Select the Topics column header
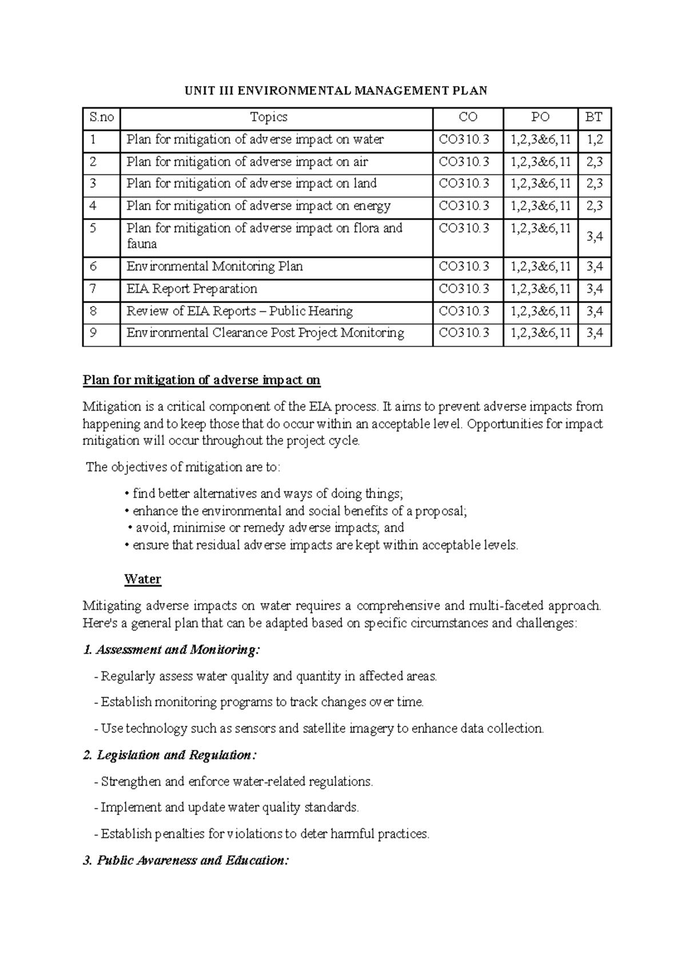click(x=269, y=117)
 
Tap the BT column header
click(x=594, y=117)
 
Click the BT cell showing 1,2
click(x=595, y=140)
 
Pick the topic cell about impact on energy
click(x=258, y=206)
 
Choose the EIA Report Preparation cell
click(x=192, y=289)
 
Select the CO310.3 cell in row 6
click(x=464, y=267)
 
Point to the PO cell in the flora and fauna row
click(x=540, y=228)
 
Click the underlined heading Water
click(x=142, y=579)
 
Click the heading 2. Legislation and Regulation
click(x=170, y=755)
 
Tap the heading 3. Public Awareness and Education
click(x=186, y=860)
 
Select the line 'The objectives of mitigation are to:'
click(x=183, y=467)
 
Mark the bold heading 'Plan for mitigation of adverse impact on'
click(x=201, y=380)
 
